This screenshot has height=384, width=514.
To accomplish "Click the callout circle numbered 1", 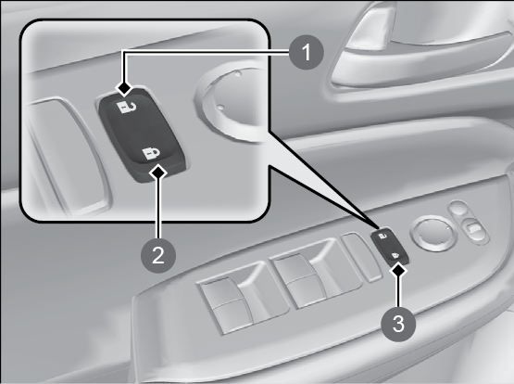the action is coord(307,52).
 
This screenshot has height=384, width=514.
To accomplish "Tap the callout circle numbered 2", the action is coord(158,255).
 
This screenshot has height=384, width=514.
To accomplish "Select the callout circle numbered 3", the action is coord(398,325).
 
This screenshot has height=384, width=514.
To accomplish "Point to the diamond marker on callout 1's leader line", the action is coord(124,88).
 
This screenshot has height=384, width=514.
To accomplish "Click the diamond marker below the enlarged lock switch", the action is coord(158,172).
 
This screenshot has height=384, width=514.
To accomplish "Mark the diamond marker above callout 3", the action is coord(399,271).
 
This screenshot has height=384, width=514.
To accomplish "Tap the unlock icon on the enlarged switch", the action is coord(126,107).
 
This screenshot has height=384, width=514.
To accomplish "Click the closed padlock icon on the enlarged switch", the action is coord(151,153).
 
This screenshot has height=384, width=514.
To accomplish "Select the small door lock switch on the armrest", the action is coord(389,246).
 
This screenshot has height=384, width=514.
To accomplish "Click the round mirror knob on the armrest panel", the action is coord(429,235).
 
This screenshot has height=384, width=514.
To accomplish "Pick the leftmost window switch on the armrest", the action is coord(230,299).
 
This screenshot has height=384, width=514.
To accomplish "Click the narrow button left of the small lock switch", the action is coord(361,257).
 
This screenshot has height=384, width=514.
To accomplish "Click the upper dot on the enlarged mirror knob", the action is coord(238,73).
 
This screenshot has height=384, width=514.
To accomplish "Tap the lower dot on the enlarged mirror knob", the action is coord(221,107).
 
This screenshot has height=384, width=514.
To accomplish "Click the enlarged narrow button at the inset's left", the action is coord(68,155).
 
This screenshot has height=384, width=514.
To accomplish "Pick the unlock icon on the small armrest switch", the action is coord(382,236).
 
